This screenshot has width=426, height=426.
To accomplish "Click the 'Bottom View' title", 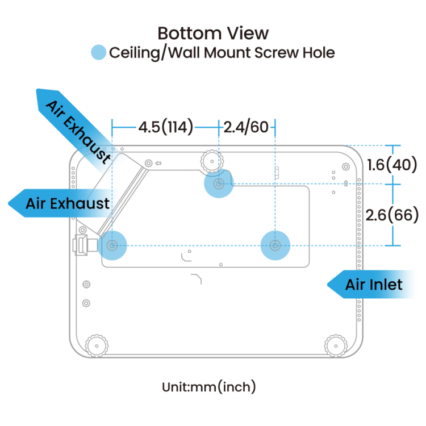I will tap(213, 33).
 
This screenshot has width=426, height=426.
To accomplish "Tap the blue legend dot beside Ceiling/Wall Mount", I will tap(99, 53).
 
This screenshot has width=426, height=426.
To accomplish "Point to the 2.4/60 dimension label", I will tap(246, 127).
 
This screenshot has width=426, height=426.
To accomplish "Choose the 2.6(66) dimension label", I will tap(392, 214).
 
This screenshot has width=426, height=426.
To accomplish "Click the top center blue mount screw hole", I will tap(218, 183).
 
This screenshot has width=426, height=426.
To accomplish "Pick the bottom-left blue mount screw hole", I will tap(112, 245).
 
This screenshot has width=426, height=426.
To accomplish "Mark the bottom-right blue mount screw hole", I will tap(275, 245).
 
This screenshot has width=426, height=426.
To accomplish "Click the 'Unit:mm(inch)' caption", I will tap(208, 387).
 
